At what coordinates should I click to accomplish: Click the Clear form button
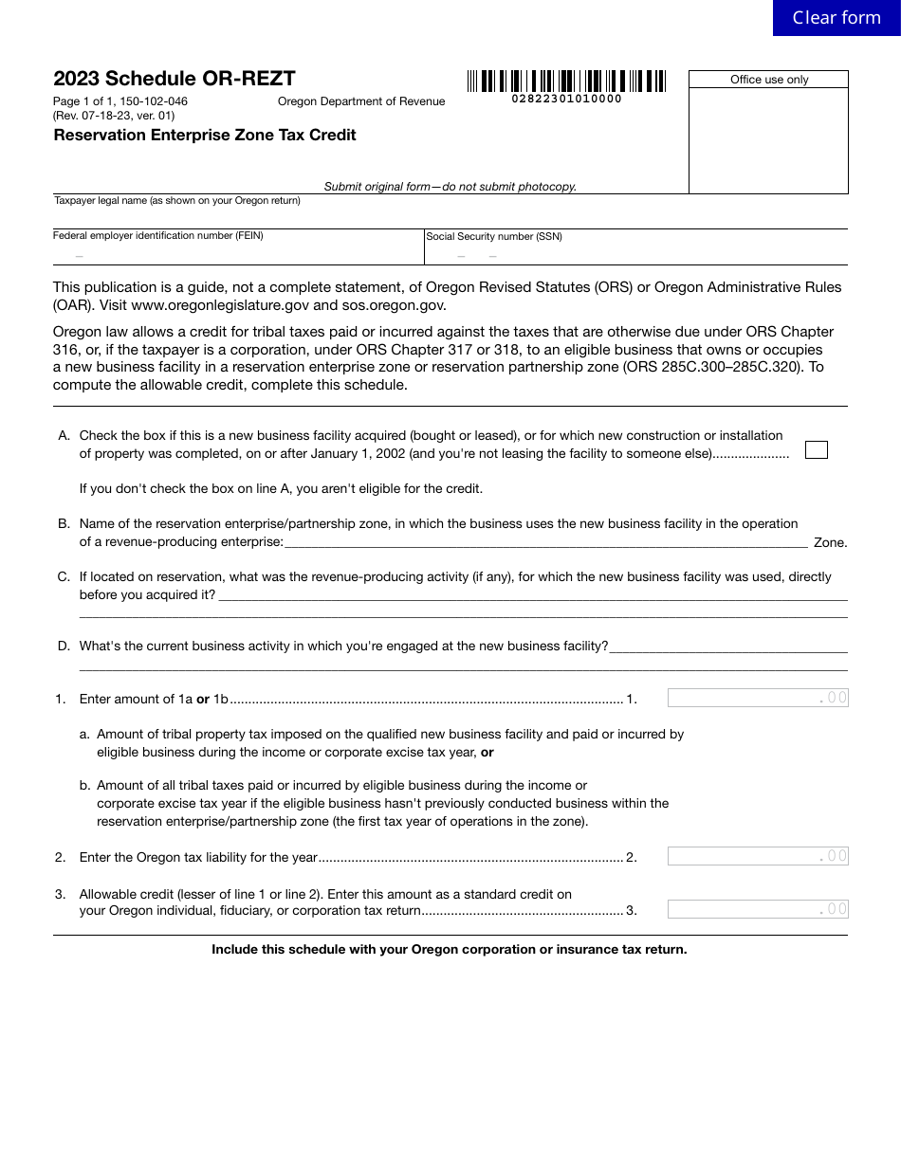pos(836,18)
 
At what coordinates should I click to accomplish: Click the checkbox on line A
pos(816,450)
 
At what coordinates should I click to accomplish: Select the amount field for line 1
pos(757,699)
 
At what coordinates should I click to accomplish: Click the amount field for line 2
pos(757,857)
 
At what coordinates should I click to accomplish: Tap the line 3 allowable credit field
pos(757,910)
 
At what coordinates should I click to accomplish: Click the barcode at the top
pos(566,81)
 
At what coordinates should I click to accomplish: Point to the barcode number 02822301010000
pos(566,99)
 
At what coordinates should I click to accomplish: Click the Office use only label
pos(769,80)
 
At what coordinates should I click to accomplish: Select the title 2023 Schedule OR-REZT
pos(175,79)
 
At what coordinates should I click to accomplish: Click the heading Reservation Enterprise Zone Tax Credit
pos(205,136)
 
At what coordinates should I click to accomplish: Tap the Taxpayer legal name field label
pos(177,201)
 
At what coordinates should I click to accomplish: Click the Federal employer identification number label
pos(158,236)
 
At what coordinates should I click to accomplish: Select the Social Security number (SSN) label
pos(494,237)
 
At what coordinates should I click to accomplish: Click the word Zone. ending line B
pos(830,543)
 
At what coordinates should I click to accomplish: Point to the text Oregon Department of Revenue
pos(361,102)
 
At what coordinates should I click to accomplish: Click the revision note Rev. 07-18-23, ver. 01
pos(114,116)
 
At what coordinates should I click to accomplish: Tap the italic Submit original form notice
pos(450,187)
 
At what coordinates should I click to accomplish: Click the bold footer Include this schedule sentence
pos(450,949)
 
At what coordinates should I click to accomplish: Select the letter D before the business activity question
pos(64,647)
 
